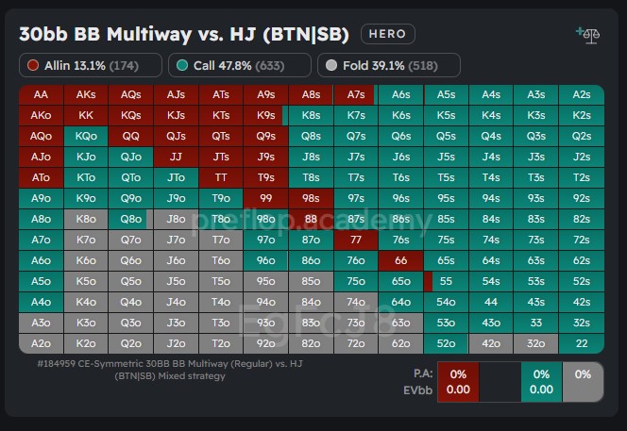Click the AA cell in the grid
click(41, 94)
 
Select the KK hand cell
click(86, 115)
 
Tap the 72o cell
click(356, 343)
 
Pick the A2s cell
click(582, 94)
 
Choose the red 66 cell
click(401, 260)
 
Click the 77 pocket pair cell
click(356, 240)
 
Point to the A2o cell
click(41, 343)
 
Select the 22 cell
click(582, 343)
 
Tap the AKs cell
click(86, 94)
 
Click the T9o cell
click(221, 198)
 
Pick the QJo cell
click(131, 157)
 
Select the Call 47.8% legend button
click(239, 65)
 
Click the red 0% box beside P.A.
click(458, 381)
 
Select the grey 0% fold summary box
click(583, 381)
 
